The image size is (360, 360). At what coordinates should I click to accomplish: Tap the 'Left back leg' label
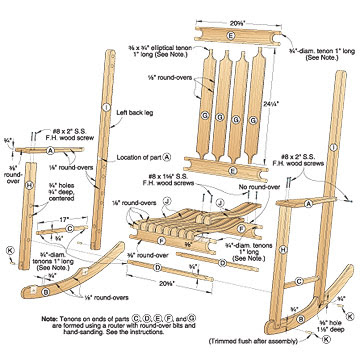point(138,96)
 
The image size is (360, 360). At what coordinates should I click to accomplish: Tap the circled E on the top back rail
point(231,35)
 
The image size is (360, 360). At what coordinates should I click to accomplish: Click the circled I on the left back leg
point(105,107)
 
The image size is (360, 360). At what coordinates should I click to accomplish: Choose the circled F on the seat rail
point(160,241)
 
